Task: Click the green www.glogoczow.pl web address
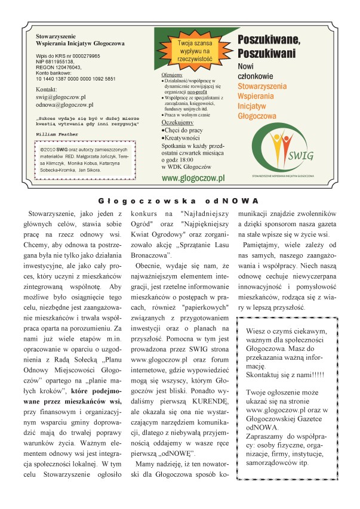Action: [193, 178]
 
